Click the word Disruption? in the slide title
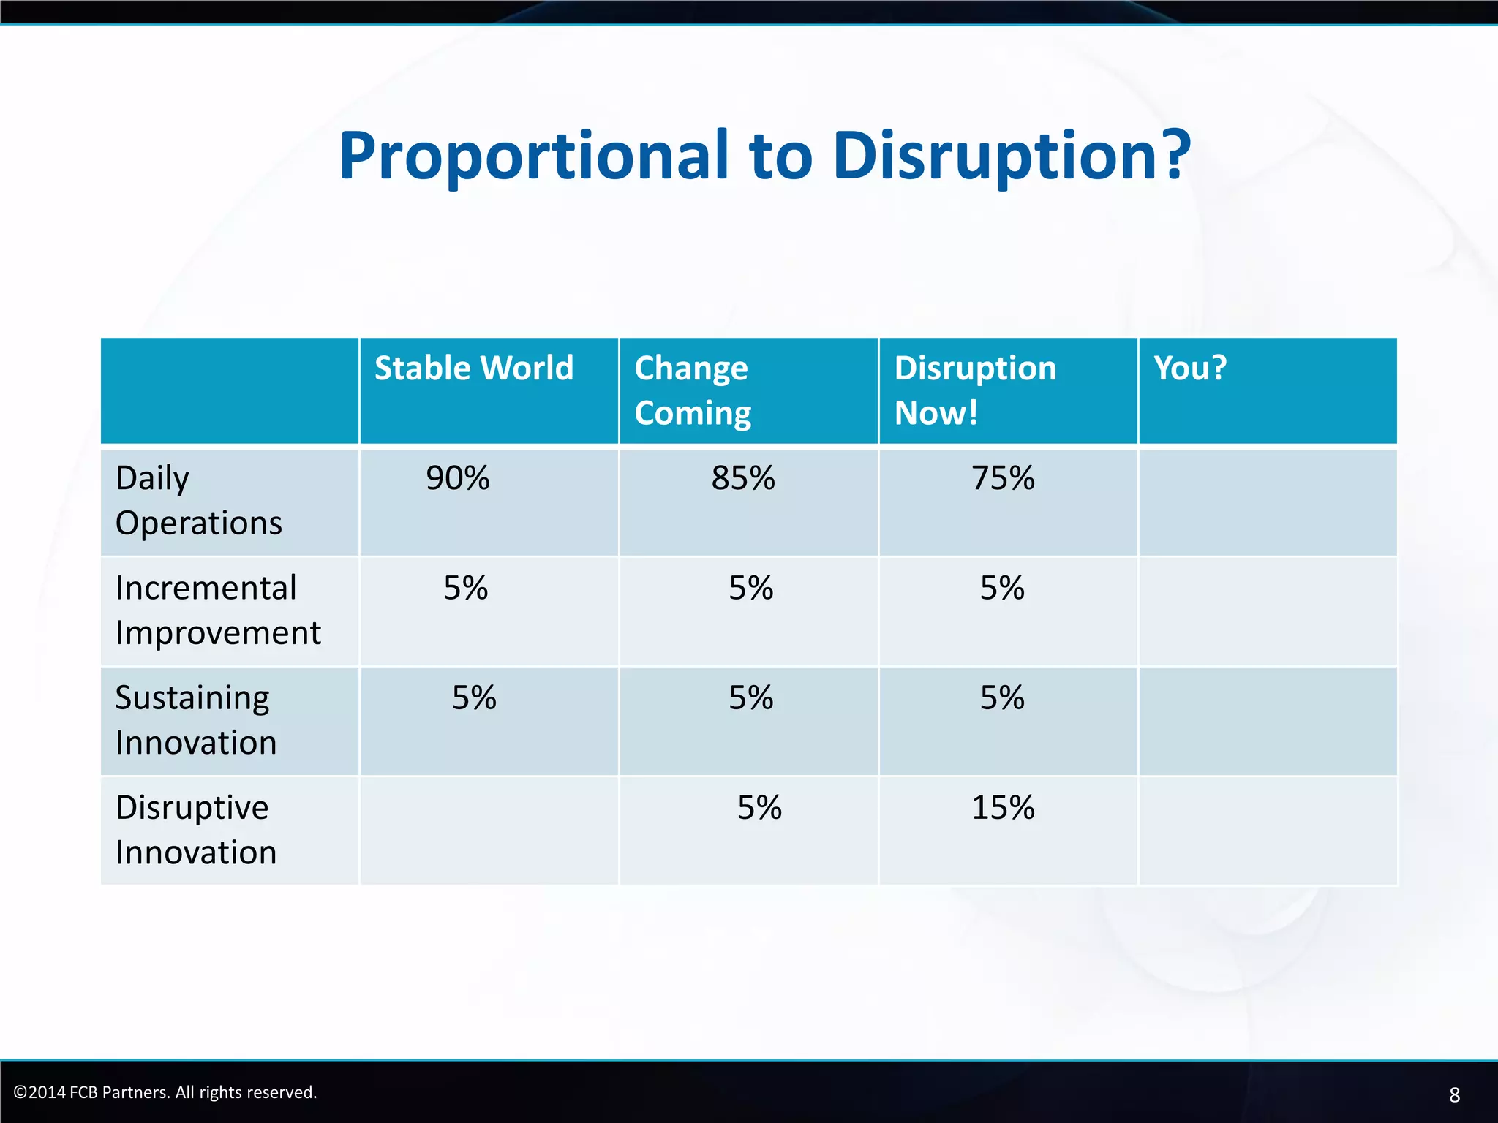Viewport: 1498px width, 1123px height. pyautogui.click(x=1012, y=156)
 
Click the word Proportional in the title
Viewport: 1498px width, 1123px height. pyautogui.click(x=534, y=156)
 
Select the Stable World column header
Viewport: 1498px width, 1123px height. pyautogui.click(x=474, y=368)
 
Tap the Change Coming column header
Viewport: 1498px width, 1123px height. pyautogui.click(x=692, y=390)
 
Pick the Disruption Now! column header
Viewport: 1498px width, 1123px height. pyautogui.click(x=974, y=390)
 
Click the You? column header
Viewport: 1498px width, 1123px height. pyautogui.click(x=1190, y=368)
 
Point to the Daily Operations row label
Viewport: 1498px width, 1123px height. pyautogui.click(x=198, y=501)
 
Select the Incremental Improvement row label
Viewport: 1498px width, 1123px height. pyautogui.click(x=217, y=610)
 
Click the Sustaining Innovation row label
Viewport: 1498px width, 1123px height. pyautogui.click(x=195, y=720)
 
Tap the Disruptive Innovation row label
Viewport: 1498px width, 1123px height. pyautogui.click(x=195, y=830)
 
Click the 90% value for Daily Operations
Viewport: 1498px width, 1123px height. pyautogui.click(x=458, y=478)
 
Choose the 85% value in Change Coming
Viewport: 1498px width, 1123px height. pyautogui.click(x=743, y=478)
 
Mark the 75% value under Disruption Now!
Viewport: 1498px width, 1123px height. pyautogui.click(x=1003, y=478)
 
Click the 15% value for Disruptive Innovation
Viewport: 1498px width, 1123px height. pyautogui.click(x=1003, y=808)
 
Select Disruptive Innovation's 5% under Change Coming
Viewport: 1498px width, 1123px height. pyautogui.click(x=759, y=808)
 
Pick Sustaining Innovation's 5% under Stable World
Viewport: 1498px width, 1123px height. pyautogui.click(x=474, y=697)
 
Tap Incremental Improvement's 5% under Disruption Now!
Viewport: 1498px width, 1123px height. pyautogui.click(x=1002, y=588)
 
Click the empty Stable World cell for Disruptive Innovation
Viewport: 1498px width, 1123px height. pyautogui.click(x=489, y=831)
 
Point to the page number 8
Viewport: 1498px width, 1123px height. pyautogui.click(x=1454, y=1094)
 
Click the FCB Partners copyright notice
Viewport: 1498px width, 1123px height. pyautogui.click(x=165, y=1092)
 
